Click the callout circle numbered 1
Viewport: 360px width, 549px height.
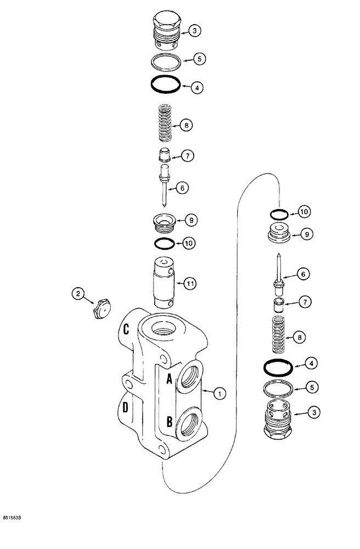point(219,393)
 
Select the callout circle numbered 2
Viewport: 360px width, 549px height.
point(79,295)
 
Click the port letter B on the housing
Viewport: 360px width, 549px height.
point(169,423)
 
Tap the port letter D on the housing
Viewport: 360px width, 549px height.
point(126,408)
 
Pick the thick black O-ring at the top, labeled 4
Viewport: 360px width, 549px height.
point(166,85)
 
